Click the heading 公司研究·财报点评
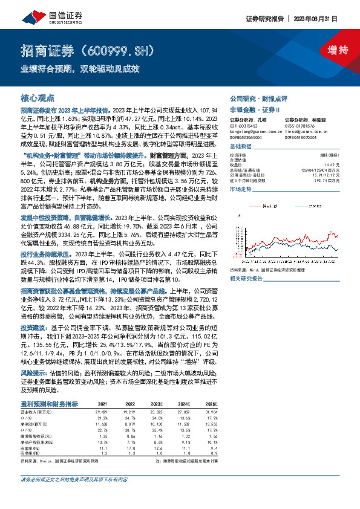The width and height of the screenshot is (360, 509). [x=258, y=98]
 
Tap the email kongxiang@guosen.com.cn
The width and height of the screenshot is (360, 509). [x=257, y=131]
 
